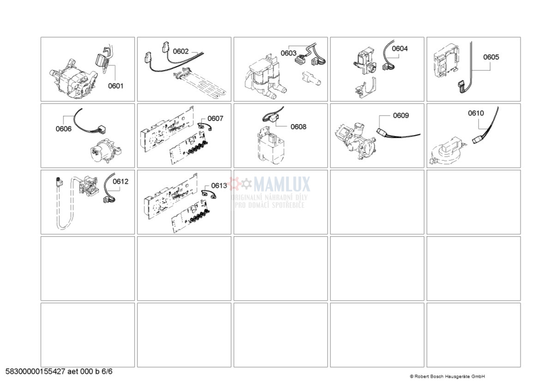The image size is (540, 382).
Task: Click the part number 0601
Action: [x=116, y=86]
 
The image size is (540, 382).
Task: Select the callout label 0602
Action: [x=180, y=51]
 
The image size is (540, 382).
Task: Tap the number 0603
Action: [x=288, y=53]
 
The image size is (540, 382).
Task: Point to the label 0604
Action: [x=400, y=48]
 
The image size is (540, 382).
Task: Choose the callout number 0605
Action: [x=491, y=57]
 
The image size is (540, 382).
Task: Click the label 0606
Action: [x=64, y=129]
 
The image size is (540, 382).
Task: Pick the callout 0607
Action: [x=215, y=119]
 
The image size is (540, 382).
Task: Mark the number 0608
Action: [x=298, y=127]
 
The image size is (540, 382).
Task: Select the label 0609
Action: [x=401, y=115]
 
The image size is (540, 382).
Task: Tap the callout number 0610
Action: [x=475, y=113]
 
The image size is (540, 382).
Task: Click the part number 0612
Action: [x=120, y=181]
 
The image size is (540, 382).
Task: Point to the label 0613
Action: [x=219, y=185]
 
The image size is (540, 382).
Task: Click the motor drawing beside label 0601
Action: [x=73, y=80]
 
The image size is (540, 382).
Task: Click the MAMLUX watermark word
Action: [x=282, y=184]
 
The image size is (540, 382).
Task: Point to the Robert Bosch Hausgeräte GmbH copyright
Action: [x=447, y=376]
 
